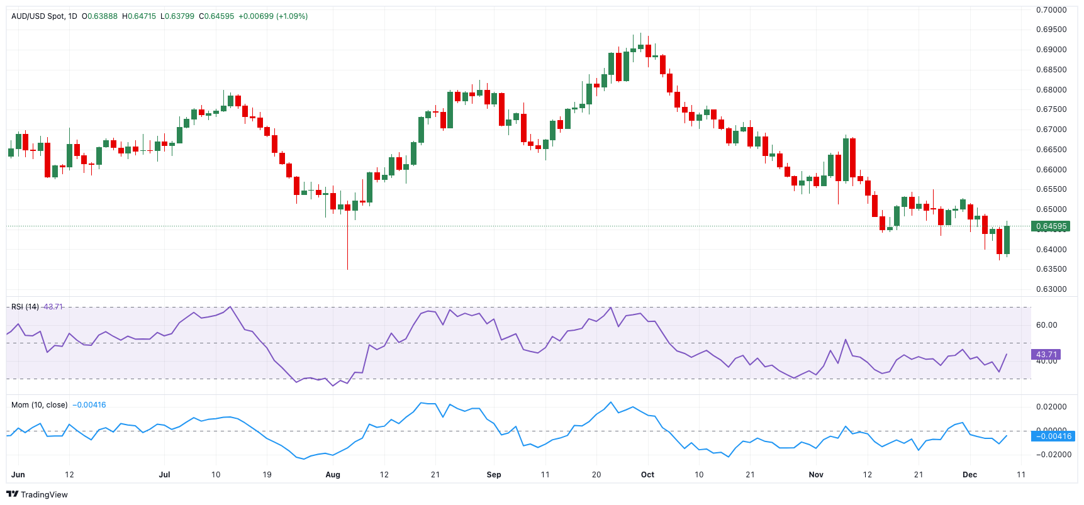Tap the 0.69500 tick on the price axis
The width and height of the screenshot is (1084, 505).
[1051, 30]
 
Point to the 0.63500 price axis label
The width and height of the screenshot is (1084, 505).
[1051, 269]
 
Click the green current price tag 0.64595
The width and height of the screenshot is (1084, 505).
[1051, 226]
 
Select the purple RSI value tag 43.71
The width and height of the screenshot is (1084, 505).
[1046, 355]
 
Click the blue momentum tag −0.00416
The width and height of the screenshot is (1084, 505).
[1053, 436]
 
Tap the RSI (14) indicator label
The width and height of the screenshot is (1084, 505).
[25, 307]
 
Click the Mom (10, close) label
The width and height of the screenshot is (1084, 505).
[39, 405]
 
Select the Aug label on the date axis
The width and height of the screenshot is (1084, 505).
[333, 475]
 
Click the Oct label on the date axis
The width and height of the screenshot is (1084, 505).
[647, 475]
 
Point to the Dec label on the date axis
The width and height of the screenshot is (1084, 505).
[969, 475]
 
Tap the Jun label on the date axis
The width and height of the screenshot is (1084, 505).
[18, 475]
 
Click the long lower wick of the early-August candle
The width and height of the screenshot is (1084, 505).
[347, 245]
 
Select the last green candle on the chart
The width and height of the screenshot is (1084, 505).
[1007, 240]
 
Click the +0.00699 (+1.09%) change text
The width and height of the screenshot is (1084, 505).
[273, 16]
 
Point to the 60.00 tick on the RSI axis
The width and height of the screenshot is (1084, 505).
[1047, 325]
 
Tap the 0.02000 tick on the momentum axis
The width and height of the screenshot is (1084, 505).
[1051, 407]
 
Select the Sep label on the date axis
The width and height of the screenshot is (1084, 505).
[494, 475]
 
